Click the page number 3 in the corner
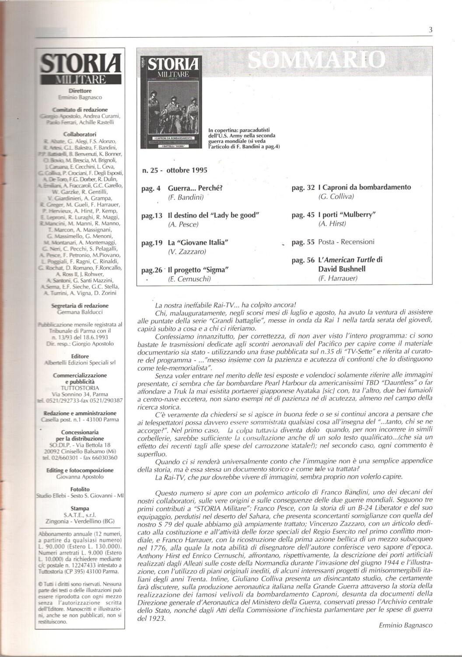(x=430, y=30)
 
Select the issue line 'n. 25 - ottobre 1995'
(x=175, y=170)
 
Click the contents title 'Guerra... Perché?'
(x=196, y=189)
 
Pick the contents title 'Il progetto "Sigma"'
(x=199, y=269)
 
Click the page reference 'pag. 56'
(x=303, y=260)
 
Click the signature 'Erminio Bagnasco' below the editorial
(x=406, y=625)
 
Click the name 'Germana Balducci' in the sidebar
(x=80, y=312)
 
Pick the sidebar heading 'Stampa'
(x=80, y=509)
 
